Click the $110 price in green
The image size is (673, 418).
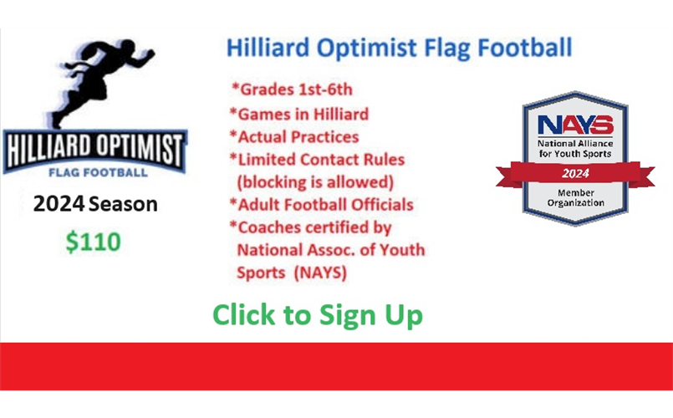(x=93, y=242)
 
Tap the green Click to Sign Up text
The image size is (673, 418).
(x=318, y=315)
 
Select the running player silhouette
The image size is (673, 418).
(x=102, y=83)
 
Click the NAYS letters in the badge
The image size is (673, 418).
(x=575, y=125)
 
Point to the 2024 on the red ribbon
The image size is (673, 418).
(x=575, y=173)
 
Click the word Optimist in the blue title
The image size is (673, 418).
(x=367, y=48)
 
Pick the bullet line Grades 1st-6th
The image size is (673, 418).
(x=292, y=89)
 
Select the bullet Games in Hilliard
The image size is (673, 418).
(x=299, y=115)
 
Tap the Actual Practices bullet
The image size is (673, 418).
(x=294, y=137)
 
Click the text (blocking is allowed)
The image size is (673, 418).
(x=315, y=182)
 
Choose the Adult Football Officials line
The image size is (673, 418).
(x=322, y=205)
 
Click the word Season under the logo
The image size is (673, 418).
(x=123, y=204)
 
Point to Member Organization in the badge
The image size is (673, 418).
(x=575, y=198)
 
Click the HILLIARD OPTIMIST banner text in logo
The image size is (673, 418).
(x=94, y=150)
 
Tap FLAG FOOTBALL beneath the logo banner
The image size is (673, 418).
(x=99, y=172)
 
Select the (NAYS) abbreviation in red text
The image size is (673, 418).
(x=319, y=273)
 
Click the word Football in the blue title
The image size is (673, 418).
(x=525, y=47)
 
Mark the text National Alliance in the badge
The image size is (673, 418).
(x=575, y=143)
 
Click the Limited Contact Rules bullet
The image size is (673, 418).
(x=317, y=160)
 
